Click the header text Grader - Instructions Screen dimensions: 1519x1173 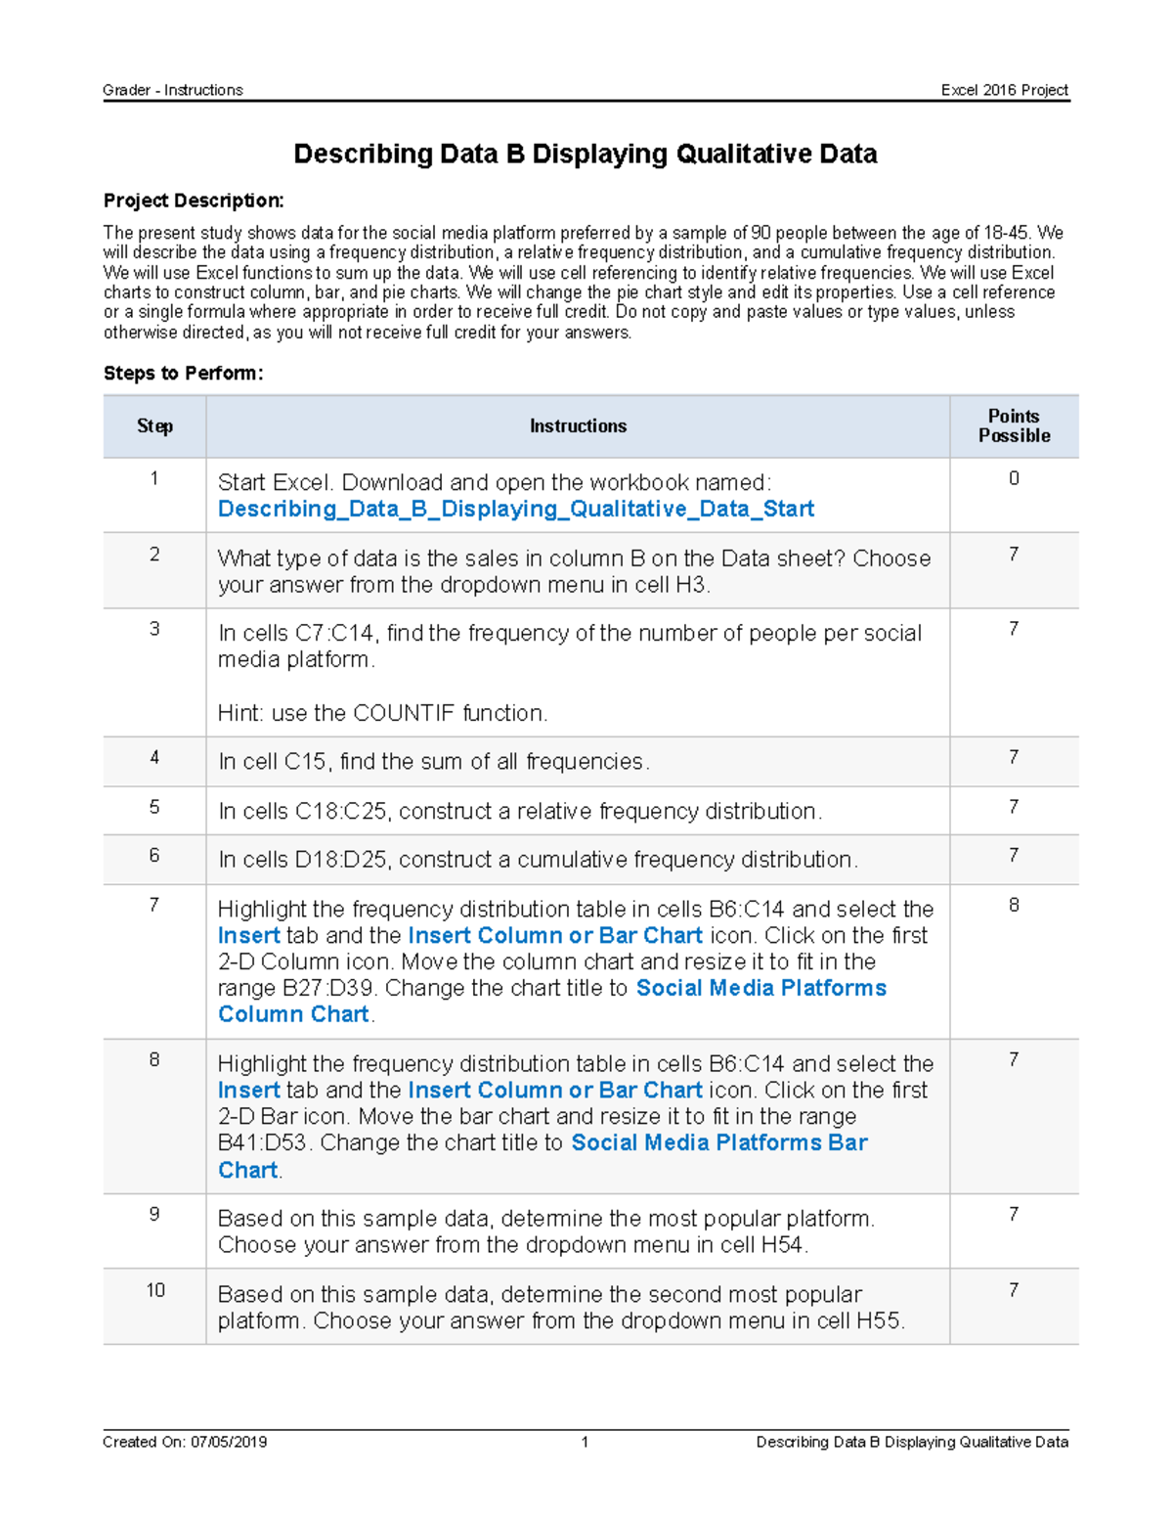coord(172,90)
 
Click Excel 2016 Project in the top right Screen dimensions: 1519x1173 coord(1004,90)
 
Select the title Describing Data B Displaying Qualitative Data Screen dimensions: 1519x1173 coord(585,155)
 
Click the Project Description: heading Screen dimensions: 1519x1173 coord(194,201)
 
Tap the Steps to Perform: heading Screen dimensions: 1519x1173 coord(183,374)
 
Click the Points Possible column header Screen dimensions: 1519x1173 coord(1014,426)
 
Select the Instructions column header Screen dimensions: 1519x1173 coord(578,426)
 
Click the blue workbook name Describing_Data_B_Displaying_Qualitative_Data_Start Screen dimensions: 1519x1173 coord(515,510)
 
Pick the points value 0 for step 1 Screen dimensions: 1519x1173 coord(1014,478)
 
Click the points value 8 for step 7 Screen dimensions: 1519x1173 coord(1014,905)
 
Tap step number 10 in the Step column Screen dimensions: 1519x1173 coord(154,1290)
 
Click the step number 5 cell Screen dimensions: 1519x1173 coord(154,807)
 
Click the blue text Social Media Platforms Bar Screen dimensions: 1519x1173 coord(718,1143)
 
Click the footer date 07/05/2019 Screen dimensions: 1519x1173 coord(228,1442)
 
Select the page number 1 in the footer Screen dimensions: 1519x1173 coord(585,1442)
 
